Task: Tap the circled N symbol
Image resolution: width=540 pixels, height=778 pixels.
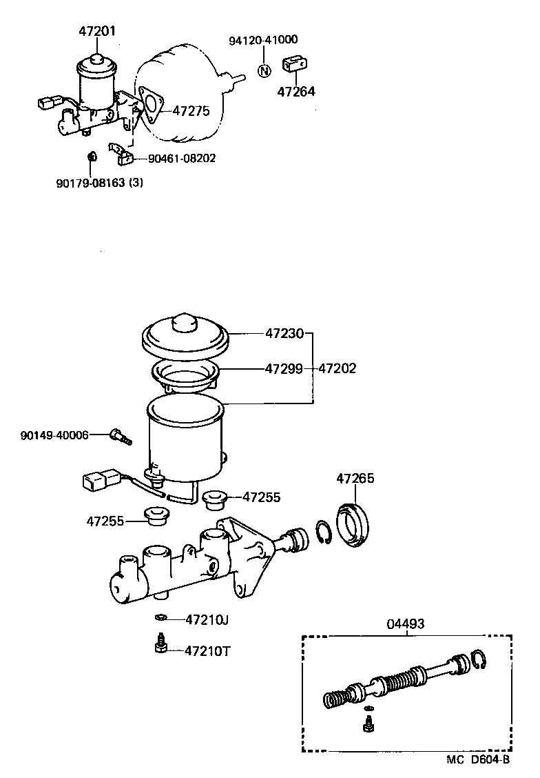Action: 264,70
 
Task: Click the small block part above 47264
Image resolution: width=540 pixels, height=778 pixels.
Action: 295,65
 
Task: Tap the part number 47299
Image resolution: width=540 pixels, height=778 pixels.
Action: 284,368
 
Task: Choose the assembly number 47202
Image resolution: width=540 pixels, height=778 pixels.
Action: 337,368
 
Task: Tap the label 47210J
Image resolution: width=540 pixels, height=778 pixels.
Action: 207,619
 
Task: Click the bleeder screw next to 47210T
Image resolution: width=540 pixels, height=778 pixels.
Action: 160,645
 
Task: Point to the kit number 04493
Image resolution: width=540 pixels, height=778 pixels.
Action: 405,624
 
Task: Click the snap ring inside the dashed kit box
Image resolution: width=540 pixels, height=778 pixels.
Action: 480,660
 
